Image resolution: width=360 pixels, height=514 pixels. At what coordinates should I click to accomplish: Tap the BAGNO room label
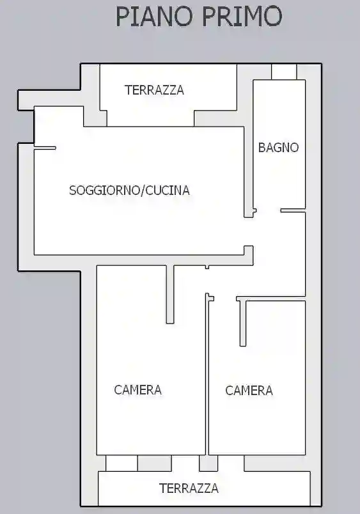tap(278, 148)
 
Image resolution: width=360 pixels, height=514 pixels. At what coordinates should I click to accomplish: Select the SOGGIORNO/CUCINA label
tap(129, 190)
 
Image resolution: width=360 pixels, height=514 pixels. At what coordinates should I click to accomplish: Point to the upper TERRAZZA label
tap(154, 90)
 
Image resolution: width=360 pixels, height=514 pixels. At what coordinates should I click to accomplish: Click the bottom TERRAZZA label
tap(189, 488)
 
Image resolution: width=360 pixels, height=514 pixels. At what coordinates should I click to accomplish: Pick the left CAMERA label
tap(137, 389)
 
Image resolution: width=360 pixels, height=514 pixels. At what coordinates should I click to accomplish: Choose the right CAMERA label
tap(249, 390)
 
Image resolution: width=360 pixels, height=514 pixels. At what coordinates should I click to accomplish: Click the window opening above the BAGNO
tap(284, 72)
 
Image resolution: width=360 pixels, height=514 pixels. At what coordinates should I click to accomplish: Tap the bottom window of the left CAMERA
tap(121, 463)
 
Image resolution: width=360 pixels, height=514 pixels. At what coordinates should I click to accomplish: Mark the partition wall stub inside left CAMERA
tap(170, 293)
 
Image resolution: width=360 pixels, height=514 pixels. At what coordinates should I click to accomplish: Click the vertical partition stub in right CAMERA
tap(243, 323)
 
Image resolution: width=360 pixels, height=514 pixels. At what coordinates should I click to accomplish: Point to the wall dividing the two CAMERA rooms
tap(207, 377)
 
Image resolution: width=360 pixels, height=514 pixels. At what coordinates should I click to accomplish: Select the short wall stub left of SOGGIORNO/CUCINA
tap(45, 148)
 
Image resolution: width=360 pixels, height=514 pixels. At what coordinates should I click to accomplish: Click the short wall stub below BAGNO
tap(292, 210)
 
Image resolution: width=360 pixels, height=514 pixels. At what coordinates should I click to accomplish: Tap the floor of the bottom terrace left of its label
tap(128, 488)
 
